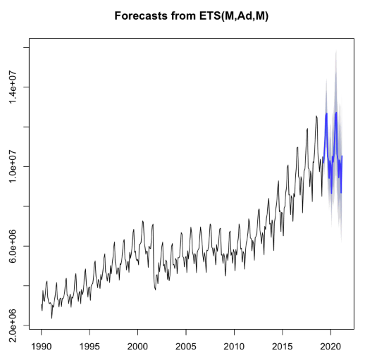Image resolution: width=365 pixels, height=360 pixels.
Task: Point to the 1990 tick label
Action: pyautogui.click(x=42, y=347)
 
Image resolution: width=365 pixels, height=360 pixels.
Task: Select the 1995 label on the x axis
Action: pyautogui.click(x=89, y=347)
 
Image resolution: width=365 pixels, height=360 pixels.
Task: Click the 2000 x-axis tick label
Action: pyautogui.click(x=138, y=347)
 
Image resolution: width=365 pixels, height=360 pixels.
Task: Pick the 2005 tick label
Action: pyautogui.click(x=186, y=347)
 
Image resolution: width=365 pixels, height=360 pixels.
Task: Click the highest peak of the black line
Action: pyautogui.click(x=316, y=116)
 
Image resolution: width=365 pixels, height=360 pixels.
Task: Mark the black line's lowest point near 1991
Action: pyautogui.click(x=51, y=318)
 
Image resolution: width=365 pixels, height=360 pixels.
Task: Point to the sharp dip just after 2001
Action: pyautogui.click(x=156, y=289)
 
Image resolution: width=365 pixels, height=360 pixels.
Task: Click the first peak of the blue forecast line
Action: pyautogui.click(x=326, y=113)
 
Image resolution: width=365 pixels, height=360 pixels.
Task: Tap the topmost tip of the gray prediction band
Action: pyautogui.click(x=336, y=51)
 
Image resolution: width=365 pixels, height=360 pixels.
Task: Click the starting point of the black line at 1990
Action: pyautogui.click(x=42, y=304)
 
